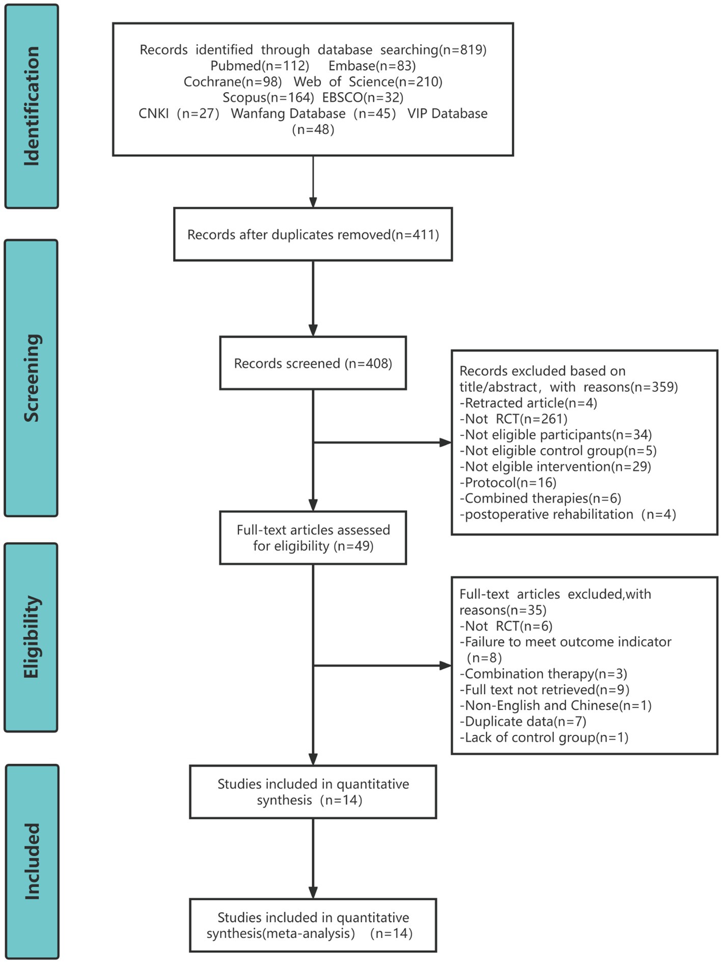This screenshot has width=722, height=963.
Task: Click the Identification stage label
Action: click(32, 106)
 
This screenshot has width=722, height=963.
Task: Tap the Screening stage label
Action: click(32, 378)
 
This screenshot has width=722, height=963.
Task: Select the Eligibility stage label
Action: click(32, 637)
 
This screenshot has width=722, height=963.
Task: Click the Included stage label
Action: click(32, 861)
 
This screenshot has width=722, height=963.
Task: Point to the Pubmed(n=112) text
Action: click(260, 66)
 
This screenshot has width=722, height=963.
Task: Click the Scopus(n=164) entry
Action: click(268, 97)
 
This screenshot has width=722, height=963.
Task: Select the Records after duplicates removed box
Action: click(313, 235)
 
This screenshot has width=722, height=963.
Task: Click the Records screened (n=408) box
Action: click(313, 363)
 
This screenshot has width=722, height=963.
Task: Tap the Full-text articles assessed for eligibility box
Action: click(313, 538)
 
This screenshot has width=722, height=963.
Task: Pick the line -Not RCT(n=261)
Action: click(513, 419)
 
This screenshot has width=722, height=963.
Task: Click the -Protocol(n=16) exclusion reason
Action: click(508, 482)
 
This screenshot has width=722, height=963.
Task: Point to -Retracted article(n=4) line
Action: click(528, 403)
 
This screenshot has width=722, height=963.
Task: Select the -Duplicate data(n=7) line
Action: click(523, 721)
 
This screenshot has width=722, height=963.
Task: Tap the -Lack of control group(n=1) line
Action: click(544, 737)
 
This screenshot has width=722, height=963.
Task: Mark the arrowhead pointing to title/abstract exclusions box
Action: click(446, 443)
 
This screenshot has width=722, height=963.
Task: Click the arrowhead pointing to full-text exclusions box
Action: click(446, 665)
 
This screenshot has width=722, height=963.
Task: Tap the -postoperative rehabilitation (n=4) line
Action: click(568, 514)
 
